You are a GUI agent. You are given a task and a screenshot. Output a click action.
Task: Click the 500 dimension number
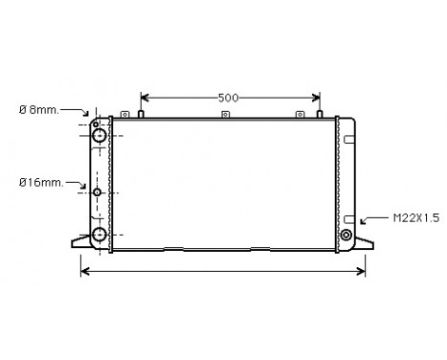(x=228, y=97)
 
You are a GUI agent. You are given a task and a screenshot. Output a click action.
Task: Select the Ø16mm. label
(x=39, y=181)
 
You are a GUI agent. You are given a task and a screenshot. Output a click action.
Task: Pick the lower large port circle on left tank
(x=100, y=234)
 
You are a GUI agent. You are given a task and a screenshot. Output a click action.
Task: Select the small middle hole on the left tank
(x=99, y=192)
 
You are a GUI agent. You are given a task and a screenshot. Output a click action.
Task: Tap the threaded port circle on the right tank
(x=346, y=235)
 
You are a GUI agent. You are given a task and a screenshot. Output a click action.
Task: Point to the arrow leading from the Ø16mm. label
(x=84, y=185)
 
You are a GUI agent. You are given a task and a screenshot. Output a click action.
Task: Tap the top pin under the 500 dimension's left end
(x=141, y=115)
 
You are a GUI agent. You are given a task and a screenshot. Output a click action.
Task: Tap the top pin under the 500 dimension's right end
(x=321, y=115)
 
